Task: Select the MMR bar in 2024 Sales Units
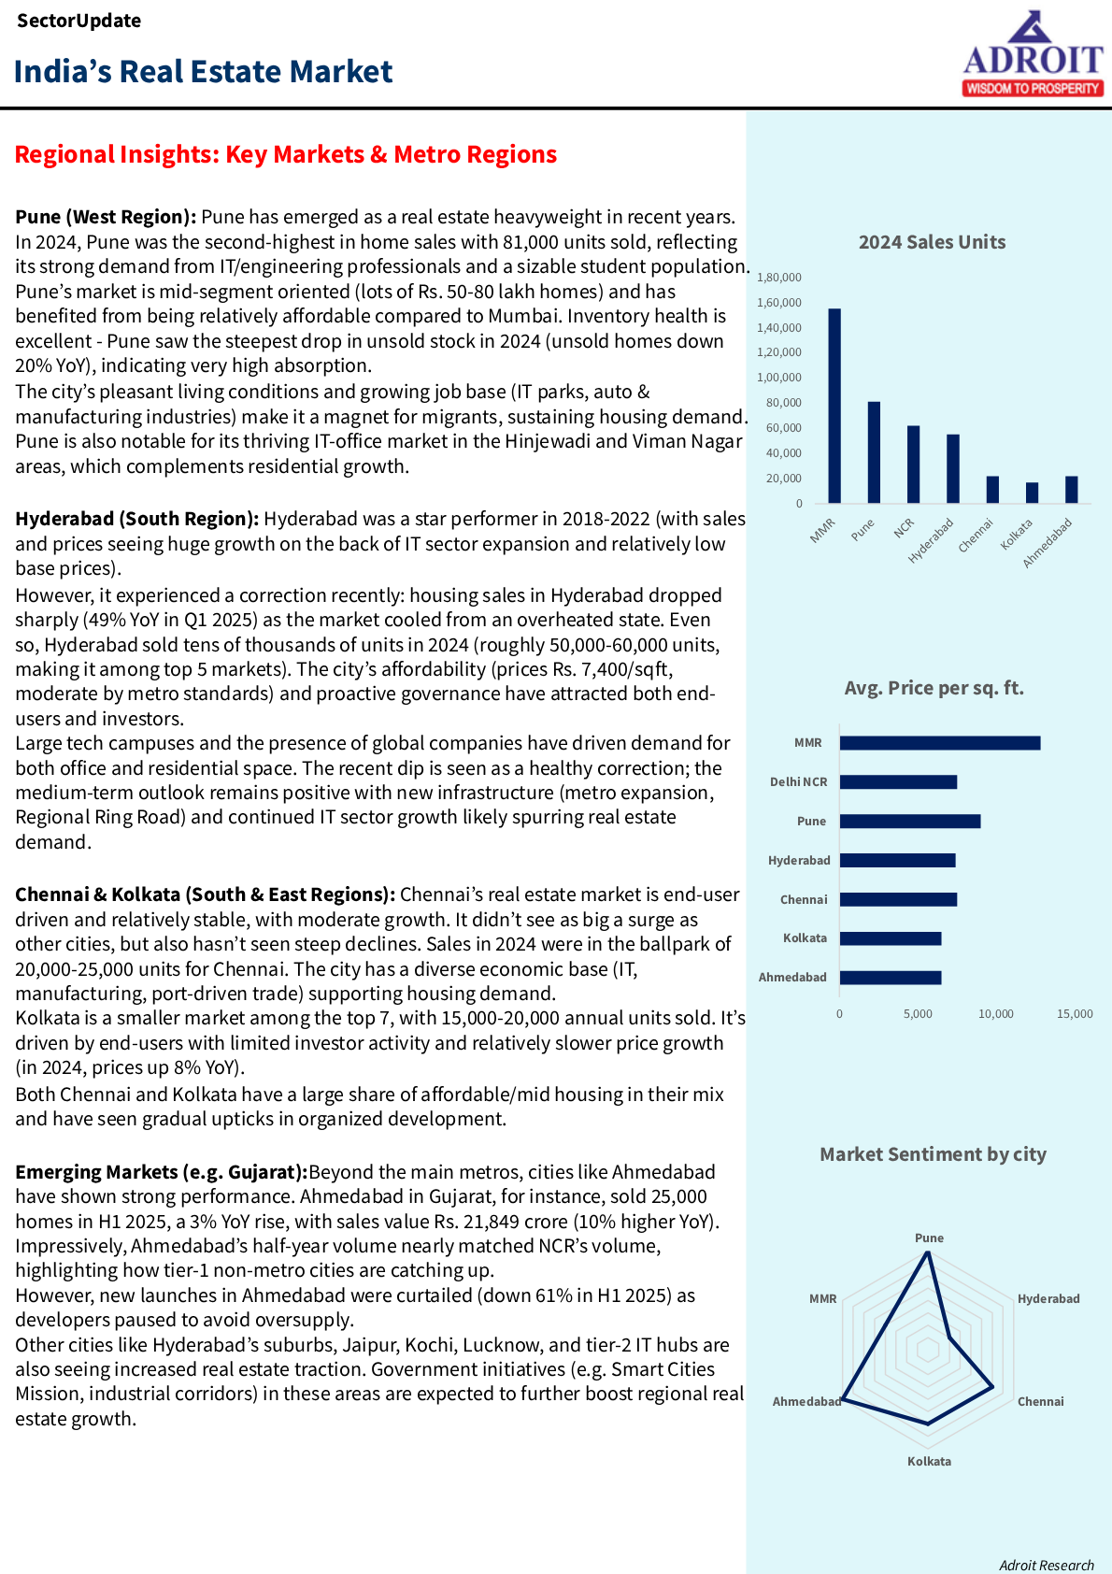tap(834, 406)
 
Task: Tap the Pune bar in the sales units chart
tap(874, 452)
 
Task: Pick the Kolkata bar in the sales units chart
tap(1032, 493)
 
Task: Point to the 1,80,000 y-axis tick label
tap(779, 278)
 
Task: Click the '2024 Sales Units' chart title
tap(932, 242)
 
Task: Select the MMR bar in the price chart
tap(939, 743)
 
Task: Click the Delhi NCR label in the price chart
tap(798, 782)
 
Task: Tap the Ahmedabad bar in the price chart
tap(890, 978)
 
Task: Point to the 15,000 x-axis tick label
tap(1075, 1014)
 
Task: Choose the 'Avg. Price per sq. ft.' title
tap(934, 688)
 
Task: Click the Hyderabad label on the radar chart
tap(1048, 1299)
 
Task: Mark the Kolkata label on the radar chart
tap(929, 1462)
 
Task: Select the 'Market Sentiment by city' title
tap(933, 1154)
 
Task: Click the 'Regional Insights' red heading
tap(286, 154)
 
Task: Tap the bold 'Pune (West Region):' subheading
tap(106, 217)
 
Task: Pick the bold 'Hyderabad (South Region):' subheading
tap(136, 519)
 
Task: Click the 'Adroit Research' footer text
tap(1046, 1566)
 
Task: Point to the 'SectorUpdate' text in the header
tap(78, 21)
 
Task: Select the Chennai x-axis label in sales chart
tap(977, 535)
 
